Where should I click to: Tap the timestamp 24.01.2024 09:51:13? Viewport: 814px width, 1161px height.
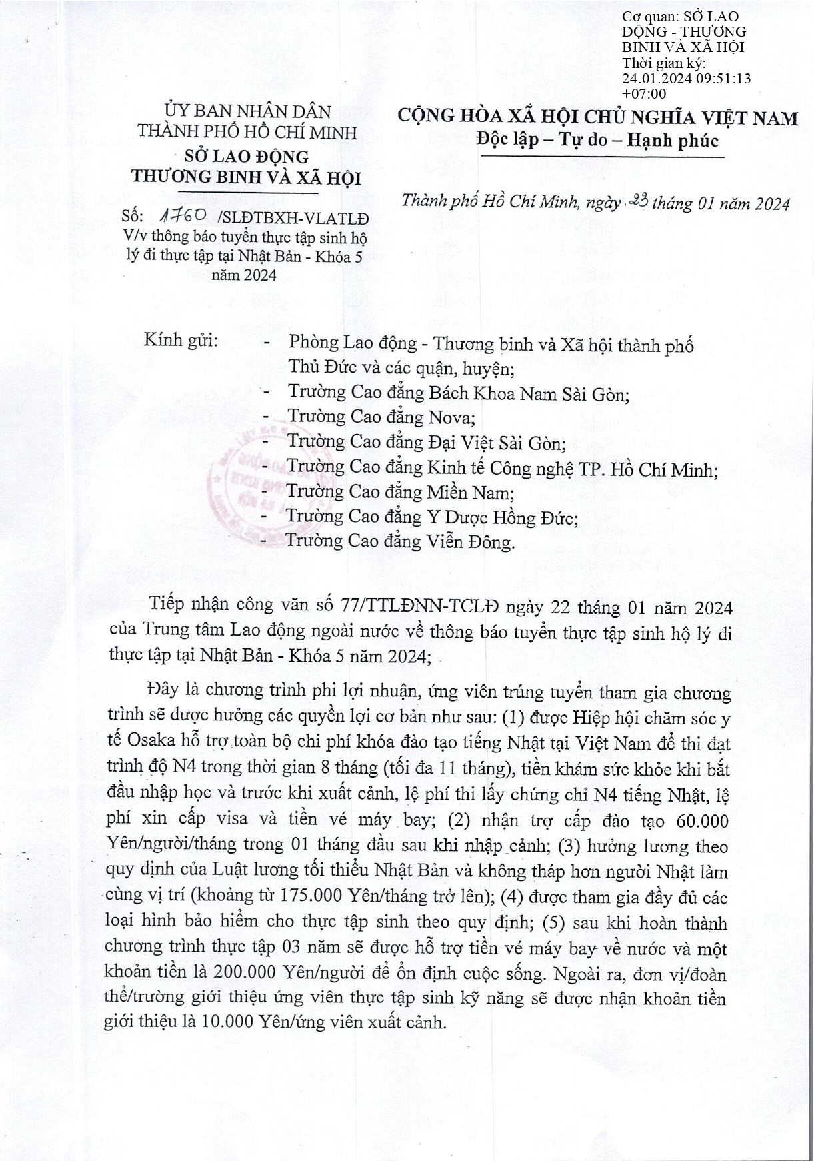pos(686,78)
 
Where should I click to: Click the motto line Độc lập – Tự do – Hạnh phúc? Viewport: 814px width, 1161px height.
pos(598,141)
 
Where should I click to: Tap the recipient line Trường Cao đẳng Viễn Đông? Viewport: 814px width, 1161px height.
pos(400,541)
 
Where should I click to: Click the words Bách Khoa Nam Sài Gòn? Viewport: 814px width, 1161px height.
pos(528,393)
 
